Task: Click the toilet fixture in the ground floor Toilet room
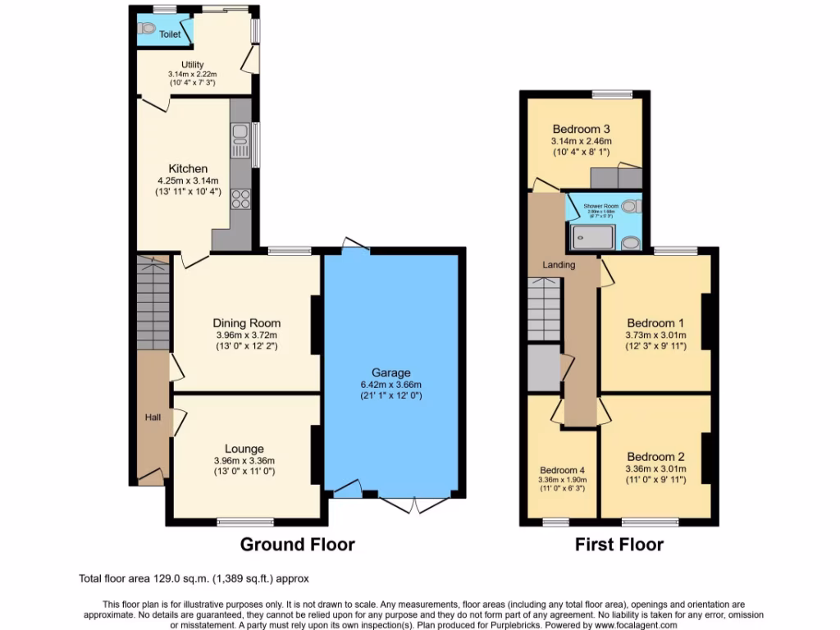(148, 28)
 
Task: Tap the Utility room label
(193, 65)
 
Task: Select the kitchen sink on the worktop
(240, 139)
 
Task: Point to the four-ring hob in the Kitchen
(240, 198)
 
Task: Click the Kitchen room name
(188, 169)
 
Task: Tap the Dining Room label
(246, 322)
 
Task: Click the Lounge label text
(244, 449)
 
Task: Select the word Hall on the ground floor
(153, 418)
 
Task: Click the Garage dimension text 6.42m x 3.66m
(390, 386)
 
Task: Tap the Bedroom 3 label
(581, 129)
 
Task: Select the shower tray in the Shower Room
(592, 236)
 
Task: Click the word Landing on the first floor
(558, 265)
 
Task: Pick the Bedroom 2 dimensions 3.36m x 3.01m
(655, 469)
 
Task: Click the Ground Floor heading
(297, 544)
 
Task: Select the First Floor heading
(619, 544)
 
